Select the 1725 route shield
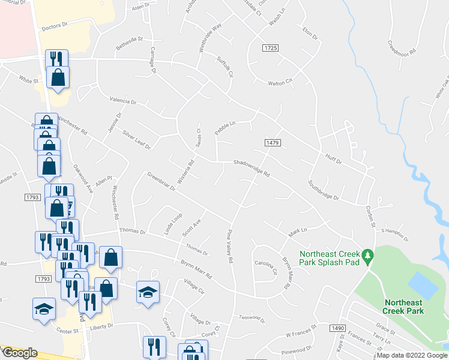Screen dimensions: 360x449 270,47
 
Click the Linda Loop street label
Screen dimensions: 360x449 173,224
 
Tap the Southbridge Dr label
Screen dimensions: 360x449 324,191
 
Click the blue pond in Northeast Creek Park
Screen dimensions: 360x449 423,285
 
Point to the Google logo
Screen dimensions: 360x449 19,353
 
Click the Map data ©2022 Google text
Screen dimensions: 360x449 412,355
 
